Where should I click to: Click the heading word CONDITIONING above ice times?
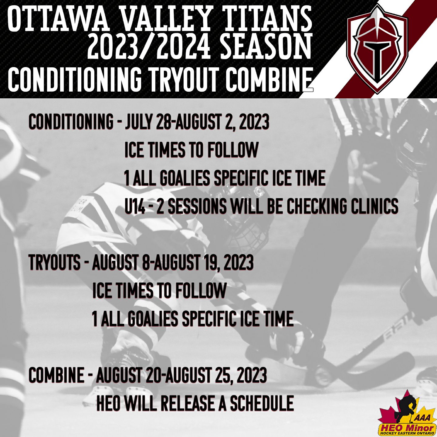point(71,122)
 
